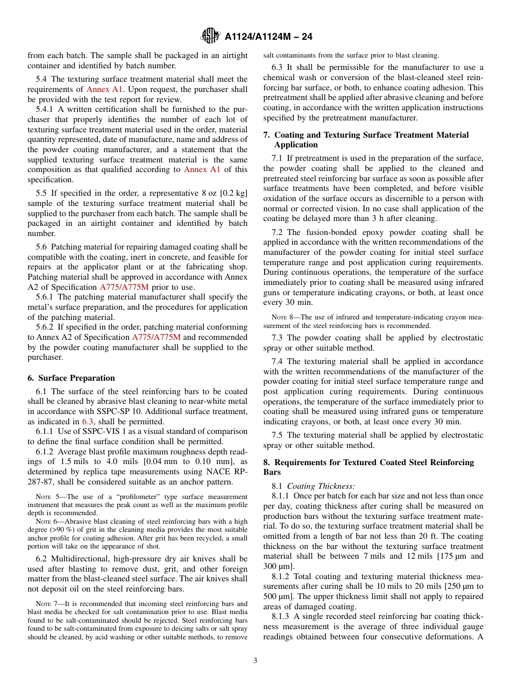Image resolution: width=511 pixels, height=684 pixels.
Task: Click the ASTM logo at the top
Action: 210,36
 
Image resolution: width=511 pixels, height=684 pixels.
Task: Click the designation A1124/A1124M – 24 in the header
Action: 268,37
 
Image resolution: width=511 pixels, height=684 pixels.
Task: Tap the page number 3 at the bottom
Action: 256,660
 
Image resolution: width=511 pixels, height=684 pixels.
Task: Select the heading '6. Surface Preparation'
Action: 71,378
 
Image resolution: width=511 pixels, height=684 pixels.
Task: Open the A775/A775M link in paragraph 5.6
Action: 124,287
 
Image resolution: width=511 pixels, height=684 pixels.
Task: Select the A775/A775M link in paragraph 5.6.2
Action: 156,337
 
